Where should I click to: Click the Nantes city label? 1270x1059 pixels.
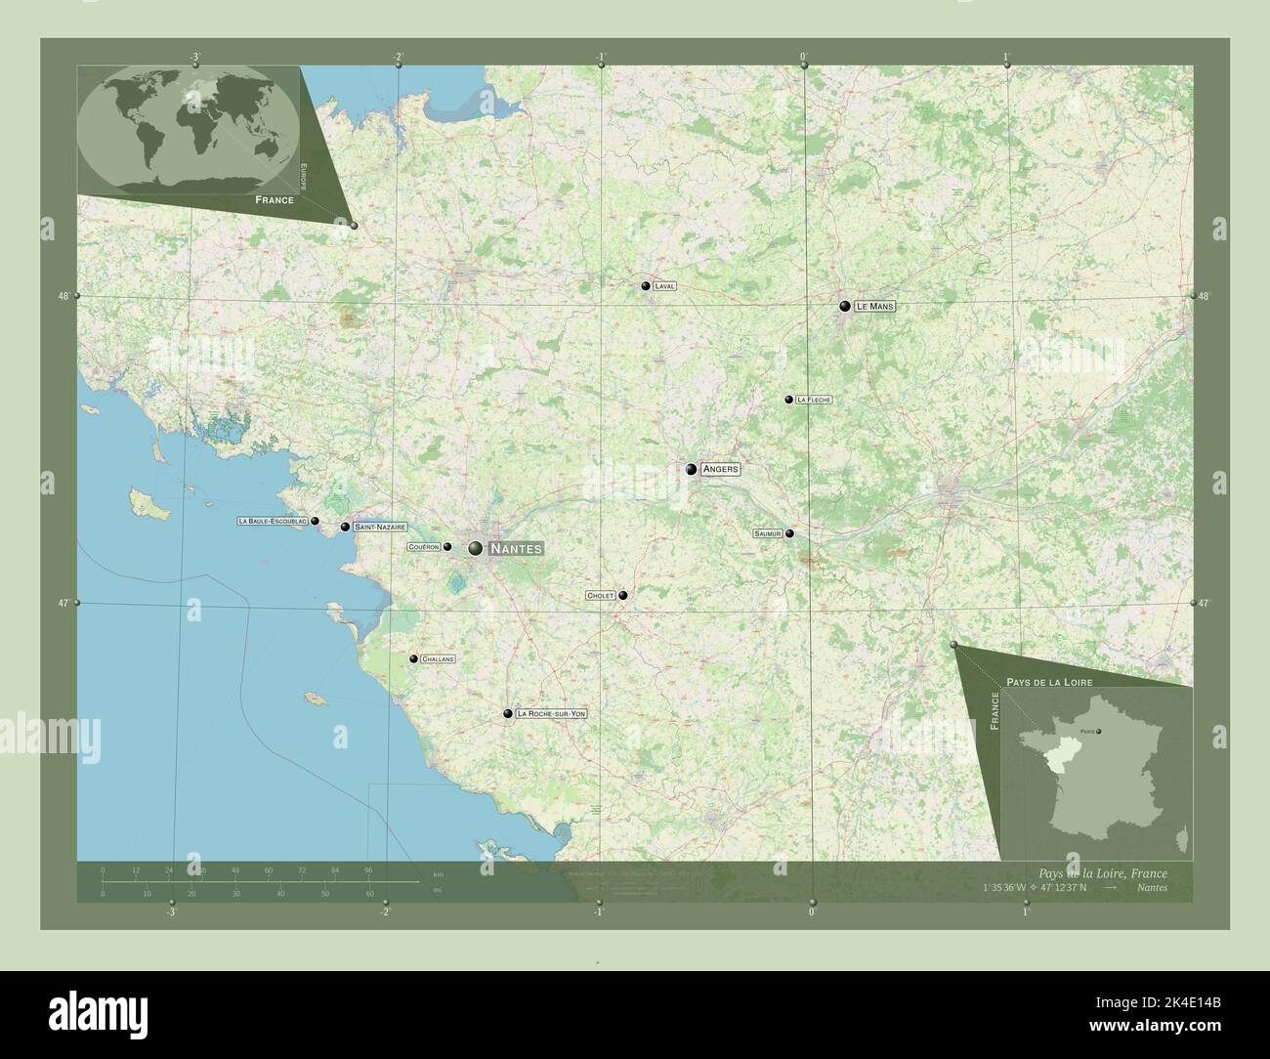[514, 549]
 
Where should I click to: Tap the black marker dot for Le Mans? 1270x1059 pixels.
[845, 306]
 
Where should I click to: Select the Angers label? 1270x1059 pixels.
[720, 470]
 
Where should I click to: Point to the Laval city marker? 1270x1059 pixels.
[646, 286]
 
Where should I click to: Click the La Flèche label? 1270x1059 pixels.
[813, 400]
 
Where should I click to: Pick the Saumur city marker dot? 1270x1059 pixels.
[789, 533]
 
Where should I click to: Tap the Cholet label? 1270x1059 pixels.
[599, 595]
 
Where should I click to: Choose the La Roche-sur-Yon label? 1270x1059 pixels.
[551, 714]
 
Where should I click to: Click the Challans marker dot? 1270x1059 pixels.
[413, 659]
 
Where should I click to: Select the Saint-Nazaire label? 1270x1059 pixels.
[380, 527]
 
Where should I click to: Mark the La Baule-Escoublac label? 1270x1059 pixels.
[273, 522]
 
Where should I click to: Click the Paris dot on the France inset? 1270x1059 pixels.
[1098, 731]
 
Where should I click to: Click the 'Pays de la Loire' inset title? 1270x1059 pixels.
[1049, 680]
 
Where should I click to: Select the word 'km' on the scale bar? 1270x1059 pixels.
[439, 873]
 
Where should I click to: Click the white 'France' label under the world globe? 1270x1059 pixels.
[274, 199]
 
